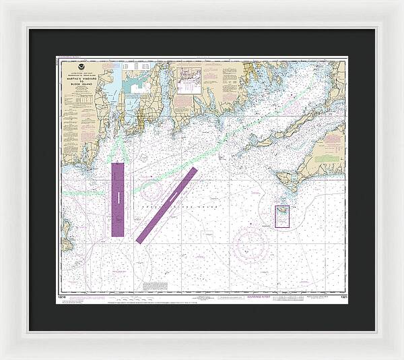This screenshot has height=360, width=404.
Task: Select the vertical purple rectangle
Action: click(x=119, y=199)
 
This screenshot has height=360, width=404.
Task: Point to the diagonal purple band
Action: click(x=166, y=204)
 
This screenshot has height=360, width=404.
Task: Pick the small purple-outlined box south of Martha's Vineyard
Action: click(x=282, y=216)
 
